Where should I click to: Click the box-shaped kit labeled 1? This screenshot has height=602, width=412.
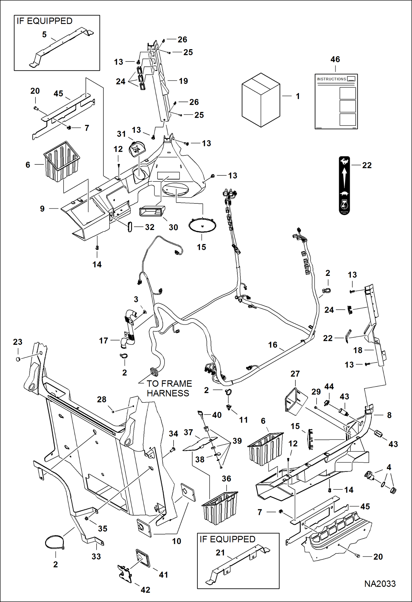261,100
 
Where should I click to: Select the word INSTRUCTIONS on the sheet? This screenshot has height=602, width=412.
331,79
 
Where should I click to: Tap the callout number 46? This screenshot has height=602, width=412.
335,59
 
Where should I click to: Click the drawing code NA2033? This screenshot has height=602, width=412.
380,584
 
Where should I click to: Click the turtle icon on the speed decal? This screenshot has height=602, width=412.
344,193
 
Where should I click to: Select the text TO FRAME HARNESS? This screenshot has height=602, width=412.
168,388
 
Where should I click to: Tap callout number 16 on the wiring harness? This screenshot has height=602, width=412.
273,345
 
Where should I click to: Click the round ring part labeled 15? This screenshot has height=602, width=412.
202,226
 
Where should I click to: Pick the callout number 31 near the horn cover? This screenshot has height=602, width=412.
121,134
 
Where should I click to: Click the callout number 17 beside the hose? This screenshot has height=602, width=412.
103,341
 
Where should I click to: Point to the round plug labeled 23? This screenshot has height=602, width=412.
18,359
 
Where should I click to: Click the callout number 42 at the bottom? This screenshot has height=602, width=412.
145,590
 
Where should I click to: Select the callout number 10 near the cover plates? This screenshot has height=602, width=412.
177,541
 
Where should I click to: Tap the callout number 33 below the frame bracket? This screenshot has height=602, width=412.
96,556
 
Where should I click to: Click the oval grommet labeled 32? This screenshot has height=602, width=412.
130,227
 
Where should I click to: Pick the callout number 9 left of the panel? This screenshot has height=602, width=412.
42,209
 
